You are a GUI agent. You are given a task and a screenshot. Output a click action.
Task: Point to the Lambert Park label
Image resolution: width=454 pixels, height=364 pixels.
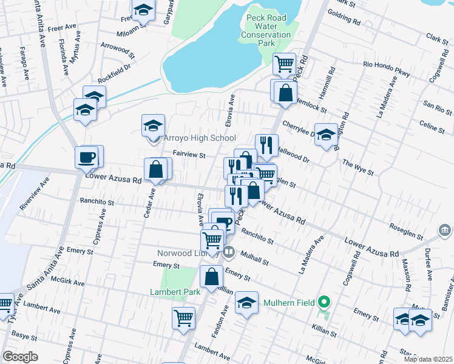tap(175, 292)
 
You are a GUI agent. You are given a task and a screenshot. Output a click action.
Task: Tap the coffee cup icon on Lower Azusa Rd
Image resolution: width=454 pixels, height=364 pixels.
tap(86, 158)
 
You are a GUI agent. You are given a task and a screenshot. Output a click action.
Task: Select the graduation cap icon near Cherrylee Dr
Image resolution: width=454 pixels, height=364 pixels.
tap(326, 135)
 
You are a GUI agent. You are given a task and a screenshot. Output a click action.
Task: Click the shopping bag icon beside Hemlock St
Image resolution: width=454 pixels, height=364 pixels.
tap(285, 93)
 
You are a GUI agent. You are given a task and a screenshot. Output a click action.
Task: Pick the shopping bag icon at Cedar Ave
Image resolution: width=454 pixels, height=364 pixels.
tap(156, 169)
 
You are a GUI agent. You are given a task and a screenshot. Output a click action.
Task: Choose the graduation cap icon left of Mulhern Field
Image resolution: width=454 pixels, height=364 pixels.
tap(246, 303)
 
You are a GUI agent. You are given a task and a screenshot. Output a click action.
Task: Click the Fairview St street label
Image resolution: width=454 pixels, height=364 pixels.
tap(190, 155)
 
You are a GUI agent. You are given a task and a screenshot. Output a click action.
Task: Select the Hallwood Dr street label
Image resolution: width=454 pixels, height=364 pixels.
tap(293, 155)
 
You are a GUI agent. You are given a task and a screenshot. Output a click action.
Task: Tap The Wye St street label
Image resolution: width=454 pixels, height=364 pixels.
tap(357, 167)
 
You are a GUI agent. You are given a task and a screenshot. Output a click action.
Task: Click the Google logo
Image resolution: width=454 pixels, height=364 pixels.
tap(21, 357)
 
